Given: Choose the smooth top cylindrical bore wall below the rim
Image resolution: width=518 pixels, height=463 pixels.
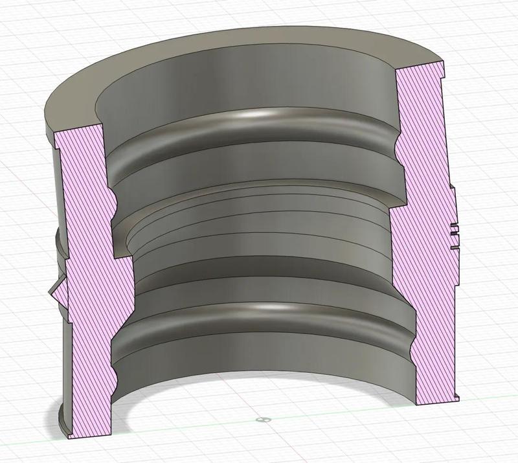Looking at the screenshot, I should (x=246, y=84).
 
